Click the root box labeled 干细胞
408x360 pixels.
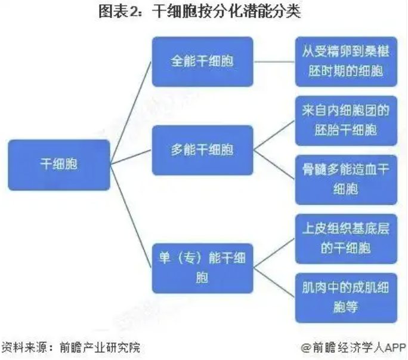58,165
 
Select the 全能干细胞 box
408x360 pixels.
202,62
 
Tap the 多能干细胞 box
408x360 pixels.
202,150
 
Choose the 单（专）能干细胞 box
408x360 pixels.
202,267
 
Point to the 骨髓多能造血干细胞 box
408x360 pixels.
345,180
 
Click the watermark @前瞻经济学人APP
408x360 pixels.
353,347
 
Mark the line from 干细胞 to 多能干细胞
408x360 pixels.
131,158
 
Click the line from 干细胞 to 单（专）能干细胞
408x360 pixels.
131,217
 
